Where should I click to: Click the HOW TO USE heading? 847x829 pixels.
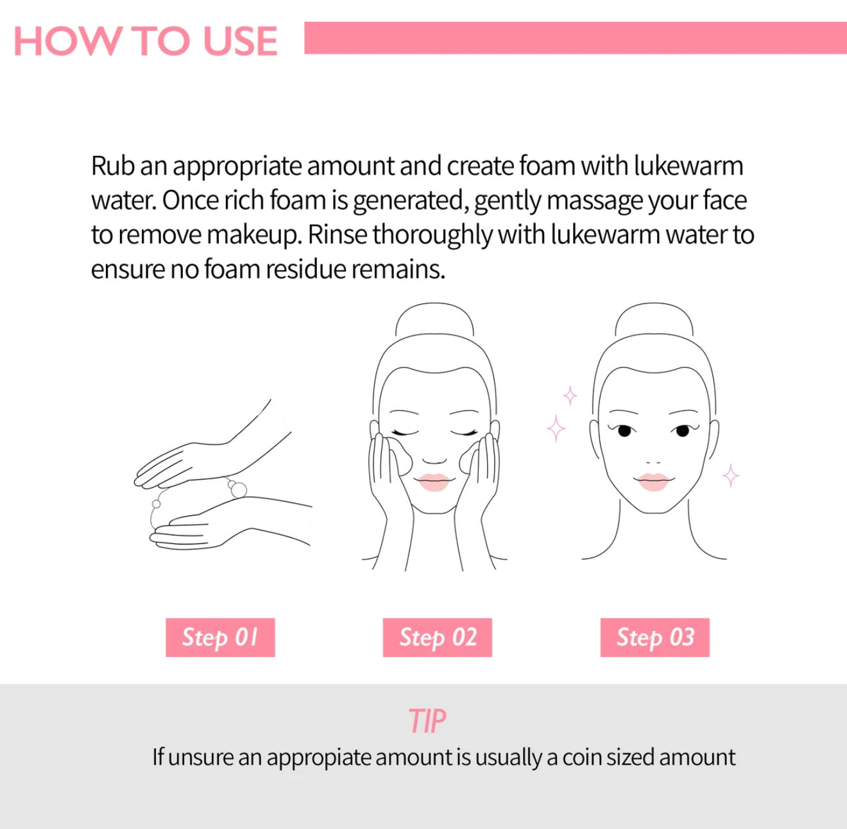click(x=146, y=41)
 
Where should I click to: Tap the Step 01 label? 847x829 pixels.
click(x=220, y=637)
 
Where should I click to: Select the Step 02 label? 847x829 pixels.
click(x=438, y=637)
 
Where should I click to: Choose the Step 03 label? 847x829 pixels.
click(x=655, y=637)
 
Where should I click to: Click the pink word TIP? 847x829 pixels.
click(x=427, y=721)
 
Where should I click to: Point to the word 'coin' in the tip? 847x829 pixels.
click(x=582, y=758)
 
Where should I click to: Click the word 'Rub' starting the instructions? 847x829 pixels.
click(x=113, y=166)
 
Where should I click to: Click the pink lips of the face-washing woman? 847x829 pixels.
click(x=434, y=482)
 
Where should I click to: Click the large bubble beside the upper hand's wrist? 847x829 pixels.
click(x=238, y=490)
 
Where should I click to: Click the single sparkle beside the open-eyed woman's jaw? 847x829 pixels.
click(x=731, y=475)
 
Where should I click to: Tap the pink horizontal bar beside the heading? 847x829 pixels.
click(x=575, y=38)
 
